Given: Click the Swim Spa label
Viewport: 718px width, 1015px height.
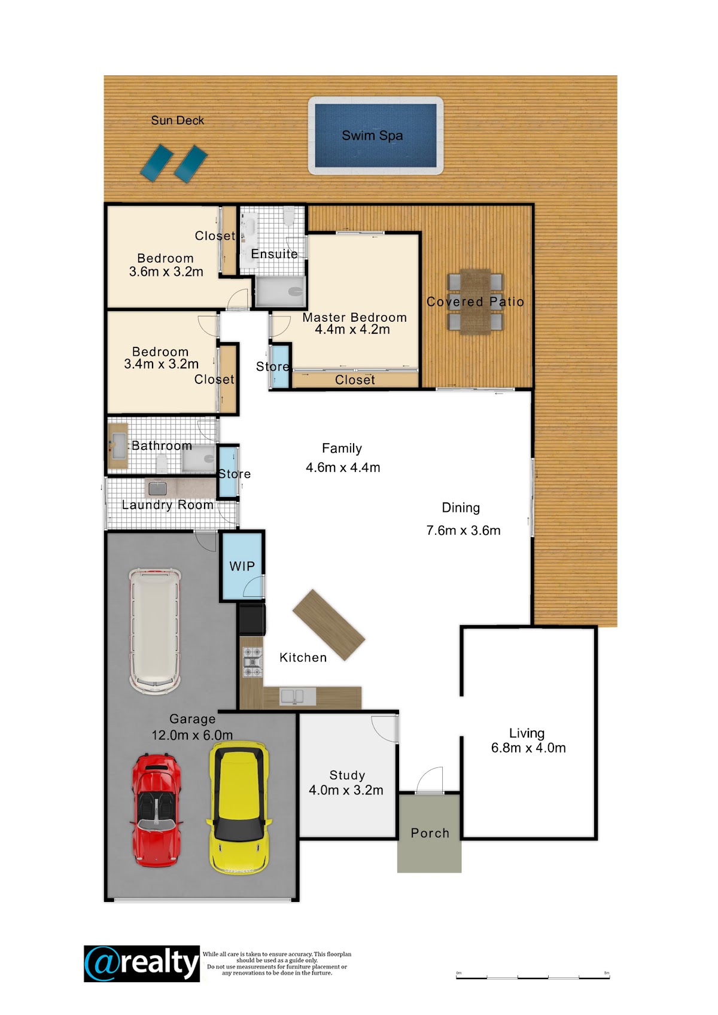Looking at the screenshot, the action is click(372, 136).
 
